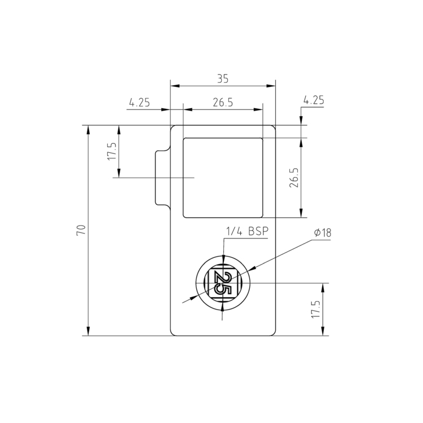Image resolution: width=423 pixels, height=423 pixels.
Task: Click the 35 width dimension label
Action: coord(223,80)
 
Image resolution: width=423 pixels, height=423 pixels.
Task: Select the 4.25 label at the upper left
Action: coord(139,103)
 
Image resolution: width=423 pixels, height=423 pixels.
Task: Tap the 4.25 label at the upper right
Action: coord(314,100)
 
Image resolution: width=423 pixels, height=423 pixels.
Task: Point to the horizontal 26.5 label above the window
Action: coord(223,103)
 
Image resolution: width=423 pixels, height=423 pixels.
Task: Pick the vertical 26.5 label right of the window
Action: coord(293,178)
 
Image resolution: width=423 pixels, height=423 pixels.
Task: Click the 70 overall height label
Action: coord(81,230)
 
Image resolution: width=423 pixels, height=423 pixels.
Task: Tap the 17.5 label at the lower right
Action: coord(316,309)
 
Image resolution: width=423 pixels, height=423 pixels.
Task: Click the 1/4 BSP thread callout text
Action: coord(246,232)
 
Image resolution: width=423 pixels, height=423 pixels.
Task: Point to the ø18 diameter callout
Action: coord(321,232)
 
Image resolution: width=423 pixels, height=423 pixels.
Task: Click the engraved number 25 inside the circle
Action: coord(223,282)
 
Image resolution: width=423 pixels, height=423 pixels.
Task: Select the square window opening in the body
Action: coord(223,177)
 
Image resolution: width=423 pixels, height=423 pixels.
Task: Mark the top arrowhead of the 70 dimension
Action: coord(88,129)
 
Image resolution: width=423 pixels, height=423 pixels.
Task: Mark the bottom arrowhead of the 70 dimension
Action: coord(88,331)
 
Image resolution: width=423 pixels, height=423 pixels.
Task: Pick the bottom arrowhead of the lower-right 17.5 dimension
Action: coord(323,332)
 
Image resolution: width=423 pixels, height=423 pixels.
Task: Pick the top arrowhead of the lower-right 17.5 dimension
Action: coord(323,287)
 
